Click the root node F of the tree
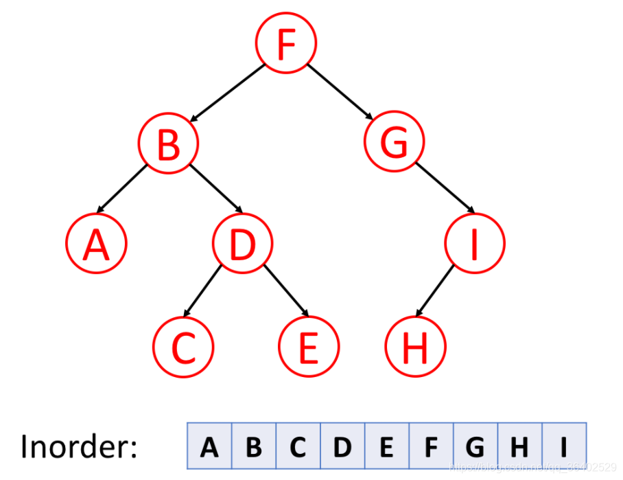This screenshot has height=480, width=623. pyautogui.click(x=285, y=43)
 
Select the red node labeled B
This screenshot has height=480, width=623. pyautogui.click(x=168, y=144)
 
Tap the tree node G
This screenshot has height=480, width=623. pyautogui.click(x=395, y=144)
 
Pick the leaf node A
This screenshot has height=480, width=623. pyautogui.click(x=96, y=244)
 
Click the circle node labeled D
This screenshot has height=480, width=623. pyautogui.click(x=242, y=244)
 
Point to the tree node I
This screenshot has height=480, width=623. pyautogui.click(x=474, y=244)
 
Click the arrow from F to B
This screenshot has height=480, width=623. pyautogui.click(x=227, y=93)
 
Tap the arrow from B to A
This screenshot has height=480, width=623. pyautogui.click(x=123, y=188)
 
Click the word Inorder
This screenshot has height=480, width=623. pyautogui.click(x=79, y=446)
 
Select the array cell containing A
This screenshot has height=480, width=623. pyautogui.click(x=209, y=446)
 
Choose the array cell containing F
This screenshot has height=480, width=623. pyautogui.click(x=431, y=446)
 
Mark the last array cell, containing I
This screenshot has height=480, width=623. pyautogui.click(x=564, y=446)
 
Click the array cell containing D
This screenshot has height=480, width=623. pyautogui.click(x=342, y=446)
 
